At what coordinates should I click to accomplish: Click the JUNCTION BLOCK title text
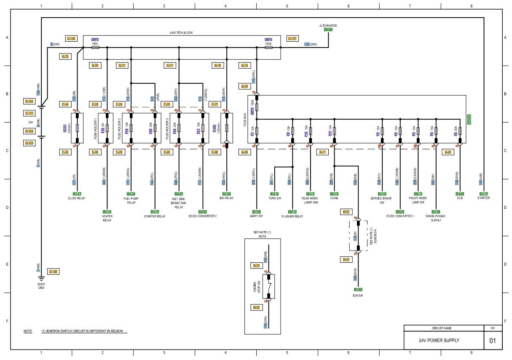click(181, 32)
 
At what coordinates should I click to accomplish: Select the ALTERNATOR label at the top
click(328, 26)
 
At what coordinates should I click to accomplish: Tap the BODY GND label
click(41, 286)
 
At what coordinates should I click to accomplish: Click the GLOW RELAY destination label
click(77, 198)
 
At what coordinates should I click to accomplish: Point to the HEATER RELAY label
click(107, 218)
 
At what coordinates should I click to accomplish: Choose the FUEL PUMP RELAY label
click(131, 200)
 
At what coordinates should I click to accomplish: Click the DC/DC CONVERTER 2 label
click(203, 216)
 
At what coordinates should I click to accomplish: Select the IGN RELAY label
click(227, 198)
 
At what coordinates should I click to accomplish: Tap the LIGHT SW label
click(256, 216)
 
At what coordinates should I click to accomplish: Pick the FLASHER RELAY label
click(292, 216)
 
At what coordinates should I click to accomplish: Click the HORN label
click(334, 198)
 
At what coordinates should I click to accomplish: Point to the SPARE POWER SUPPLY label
click(436, 218)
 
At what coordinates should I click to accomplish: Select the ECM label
click(460, 198)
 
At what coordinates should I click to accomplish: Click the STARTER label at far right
click(483, 198)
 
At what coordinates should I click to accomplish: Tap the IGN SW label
click(358, 296)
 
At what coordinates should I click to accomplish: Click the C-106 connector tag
click(71, 39)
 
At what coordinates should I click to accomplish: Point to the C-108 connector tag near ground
click(53, 272)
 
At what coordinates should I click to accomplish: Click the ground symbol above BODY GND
click(41, 279)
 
